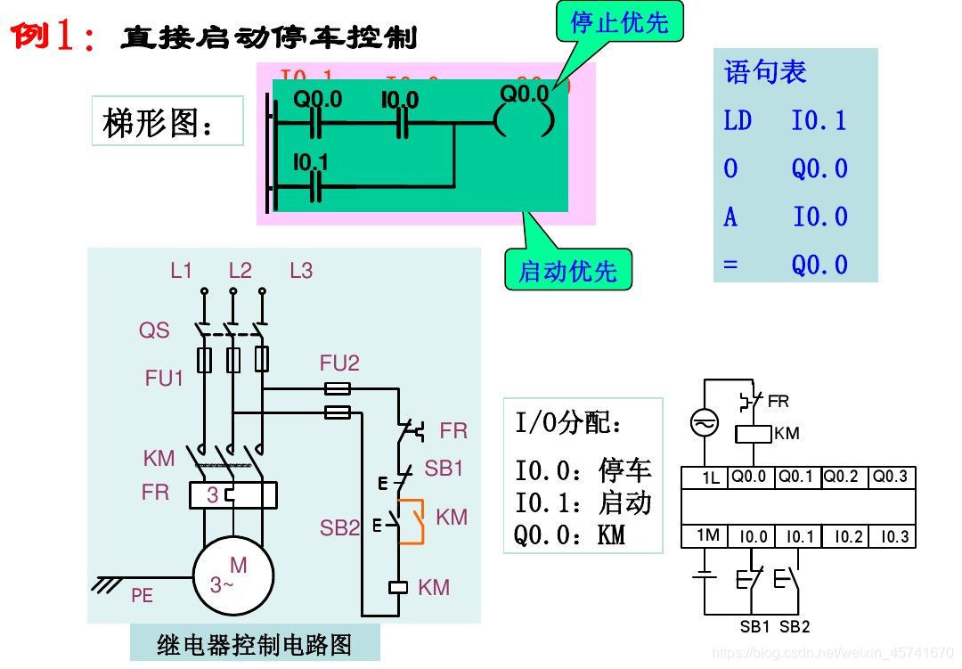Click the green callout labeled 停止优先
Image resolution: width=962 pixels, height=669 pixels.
coord(619,22)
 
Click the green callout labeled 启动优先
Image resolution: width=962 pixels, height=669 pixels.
coord(568,270)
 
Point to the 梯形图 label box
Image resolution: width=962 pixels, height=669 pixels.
coord(167,121)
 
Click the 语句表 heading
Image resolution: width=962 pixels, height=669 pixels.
coord(765,71)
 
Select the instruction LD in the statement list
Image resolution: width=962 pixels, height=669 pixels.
coord(738,121)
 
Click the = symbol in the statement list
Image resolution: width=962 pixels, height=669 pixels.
coord(730,265)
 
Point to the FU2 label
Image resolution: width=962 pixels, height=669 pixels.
coord(339,363)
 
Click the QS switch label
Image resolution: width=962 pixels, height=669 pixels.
coord(153,330)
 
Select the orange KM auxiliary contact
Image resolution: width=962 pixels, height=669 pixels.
coord(412,521)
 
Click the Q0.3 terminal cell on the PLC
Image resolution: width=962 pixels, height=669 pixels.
coord(891,477)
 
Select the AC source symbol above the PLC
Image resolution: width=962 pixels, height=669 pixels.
coord(705,424)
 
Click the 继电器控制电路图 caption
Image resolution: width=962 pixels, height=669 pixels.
coord(255,644)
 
